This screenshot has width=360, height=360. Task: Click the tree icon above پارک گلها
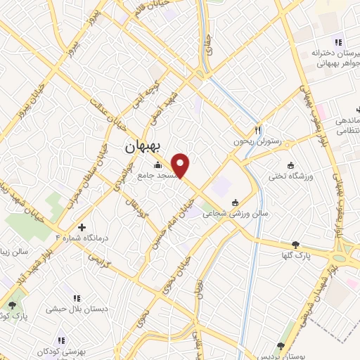304,243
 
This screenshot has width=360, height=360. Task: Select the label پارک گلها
303,255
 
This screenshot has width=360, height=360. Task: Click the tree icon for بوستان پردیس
281,345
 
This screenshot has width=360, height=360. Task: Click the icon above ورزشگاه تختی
291,165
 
